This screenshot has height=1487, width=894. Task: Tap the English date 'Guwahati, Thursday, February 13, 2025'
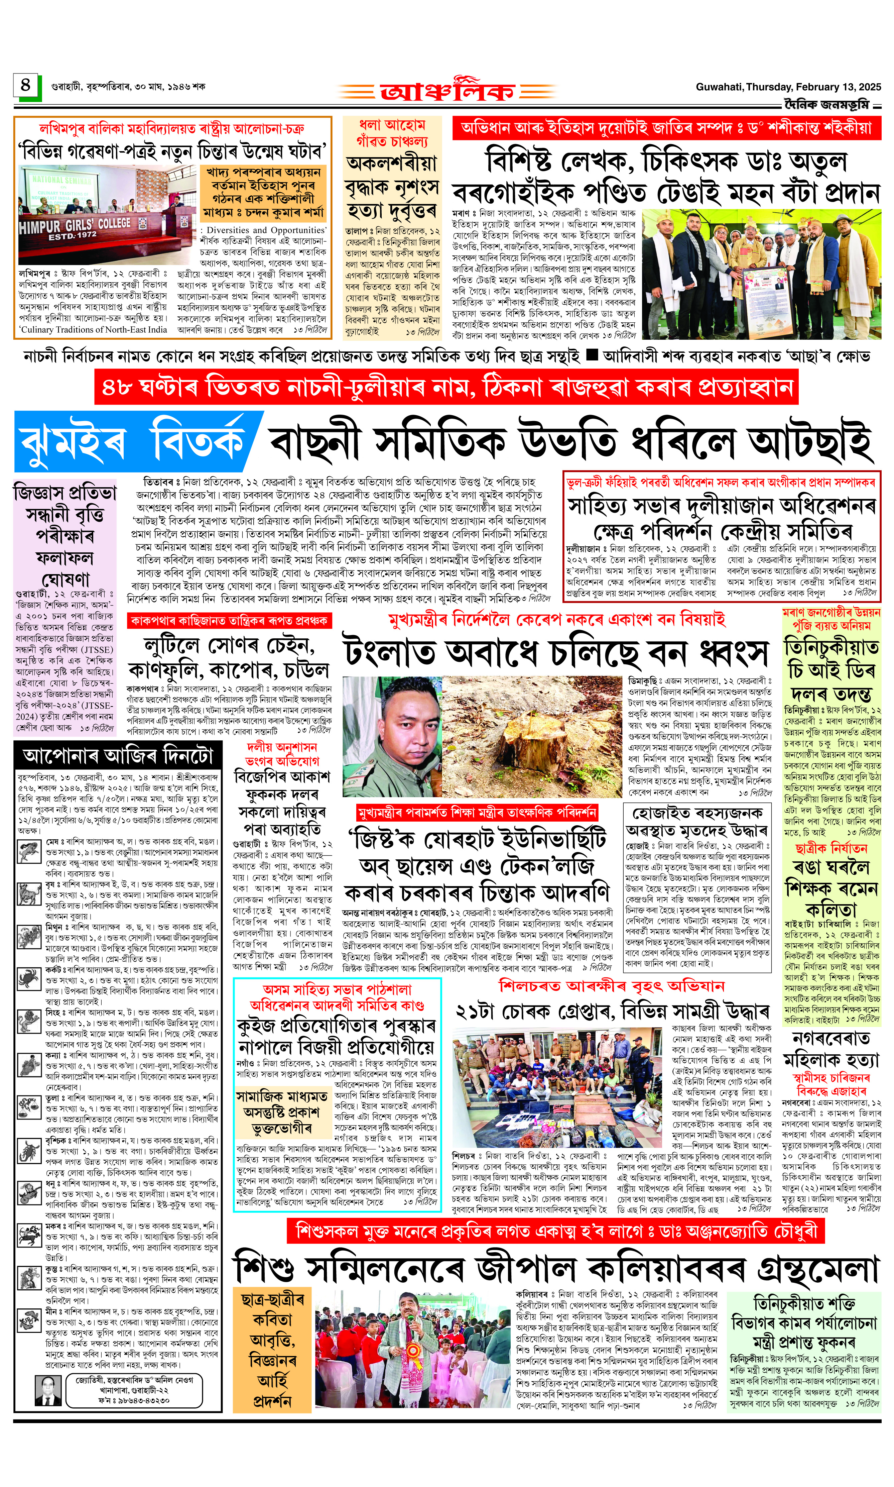(788, 87)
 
